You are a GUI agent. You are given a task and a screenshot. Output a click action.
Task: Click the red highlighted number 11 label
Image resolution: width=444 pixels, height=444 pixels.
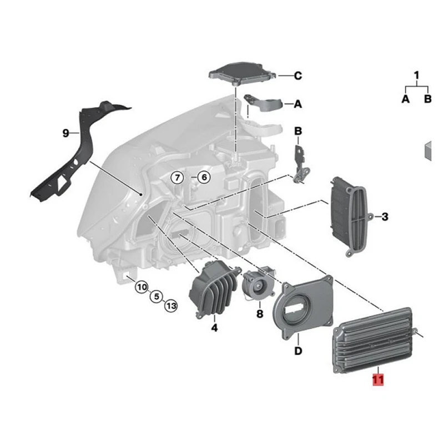coord(378,380)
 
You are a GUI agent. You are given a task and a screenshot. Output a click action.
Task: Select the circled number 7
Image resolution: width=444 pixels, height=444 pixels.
coord(176,178)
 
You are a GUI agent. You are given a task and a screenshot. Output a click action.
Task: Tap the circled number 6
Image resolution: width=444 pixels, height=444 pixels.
coord(203,178)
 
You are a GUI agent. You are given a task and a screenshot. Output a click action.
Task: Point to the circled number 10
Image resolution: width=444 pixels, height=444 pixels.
coord(142,287)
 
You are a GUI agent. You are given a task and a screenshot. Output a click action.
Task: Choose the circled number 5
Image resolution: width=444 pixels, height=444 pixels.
coord(157,296)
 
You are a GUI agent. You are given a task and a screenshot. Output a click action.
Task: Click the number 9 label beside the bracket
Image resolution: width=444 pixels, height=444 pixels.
coord(65,133)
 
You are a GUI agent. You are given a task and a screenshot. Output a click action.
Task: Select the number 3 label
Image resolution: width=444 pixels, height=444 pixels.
coord(385,216)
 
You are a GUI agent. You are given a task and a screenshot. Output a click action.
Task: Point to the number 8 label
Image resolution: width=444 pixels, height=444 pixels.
coord(259,314)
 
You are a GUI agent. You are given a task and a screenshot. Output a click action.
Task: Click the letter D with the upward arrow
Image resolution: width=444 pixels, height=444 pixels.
coord(297,351)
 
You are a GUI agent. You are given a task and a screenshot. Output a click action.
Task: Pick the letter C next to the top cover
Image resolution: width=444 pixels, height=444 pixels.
coord(297,75)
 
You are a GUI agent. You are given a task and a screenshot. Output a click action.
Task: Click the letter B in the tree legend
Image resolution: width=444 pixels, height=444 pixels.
coord(427,99)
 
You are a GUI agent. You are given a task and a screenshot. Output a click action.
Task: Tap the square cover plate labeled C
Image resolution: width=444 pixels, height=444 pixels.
coord(243,71)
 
